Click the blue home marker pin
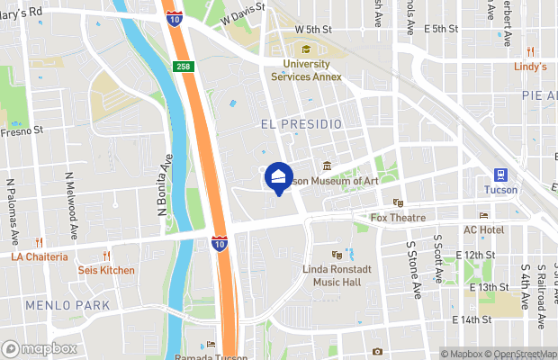(279, 177)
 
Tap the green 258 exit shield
(184, 67)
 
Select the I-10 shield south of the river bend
(220, 243)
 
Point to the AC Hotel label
(483, 229)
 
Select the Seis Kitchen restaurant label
(106, 270)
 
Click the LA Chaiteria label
(40, 256)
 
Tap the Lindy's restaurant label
(530, 67)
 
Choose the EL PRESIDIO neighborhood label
(301, 122)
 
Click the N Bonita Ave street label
(165, 186)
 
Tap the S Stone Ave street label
(413, 270)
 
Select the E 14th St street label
(473, 319)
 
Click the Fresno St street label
(22, 131)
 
